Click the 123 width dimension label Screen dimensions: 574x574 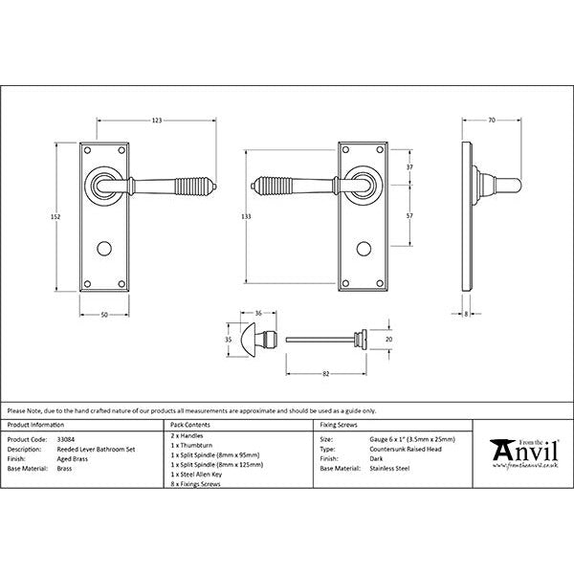pyautogui.click(x=156, y=120)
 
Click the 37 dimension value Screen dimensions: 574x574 pyautogui.click(x=408, y=167)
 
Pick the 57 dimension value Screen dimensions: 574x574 pyautogui.click(x=408, y=217)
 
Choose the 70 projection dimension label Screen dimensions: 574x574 pyautogui.click(x=492, y=120)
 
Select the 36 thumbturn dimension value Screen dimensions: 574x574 pyautogui.click(x=258, y=313)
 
